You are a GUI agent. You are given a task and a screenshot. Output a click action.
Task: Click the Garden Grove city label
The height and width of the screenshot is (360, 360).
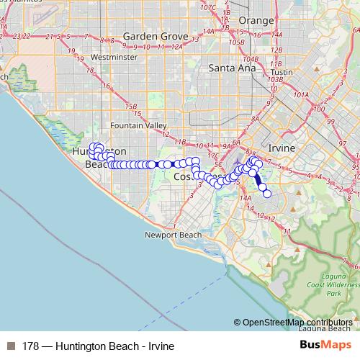(155, 37)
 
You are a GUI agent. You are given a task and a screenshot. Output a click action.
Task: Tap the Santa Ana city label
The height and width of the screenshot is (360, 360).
(228, 68)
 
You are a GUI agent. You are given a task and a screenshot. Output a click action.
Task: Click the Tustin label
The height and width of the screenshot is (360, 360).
(282, 72)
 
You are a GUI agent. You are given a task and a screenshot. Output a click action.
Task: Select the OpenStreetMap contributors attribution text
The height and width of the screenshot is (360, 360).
(297, 322)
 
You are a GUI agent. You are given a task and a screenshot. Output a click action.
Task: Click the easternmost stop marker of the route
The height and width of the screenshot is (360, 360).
(267, 194)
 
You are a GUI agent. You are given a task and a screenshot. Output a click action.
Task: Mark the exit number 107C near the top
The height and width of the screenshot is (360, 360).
(209, 8)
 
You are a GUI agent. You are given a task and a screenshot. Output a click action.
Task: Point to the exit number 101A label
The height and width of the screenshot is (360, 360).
(300, 94)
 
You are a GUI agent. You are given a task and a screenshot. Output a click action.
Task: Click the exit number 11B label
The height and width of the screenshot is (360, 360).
(180, 141)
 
